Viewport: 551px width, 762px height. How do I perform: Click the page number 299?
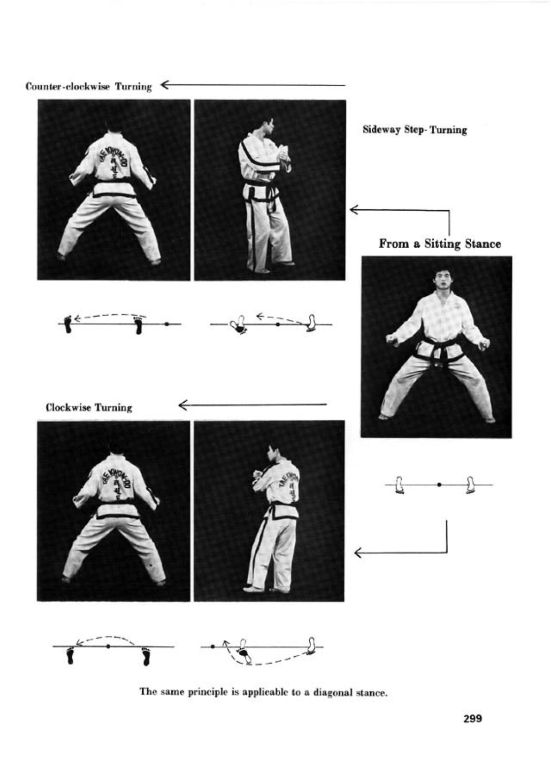[x=472, y=719]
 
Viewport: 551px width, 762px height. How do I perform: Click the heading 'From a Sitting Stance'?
[x=439, y=244]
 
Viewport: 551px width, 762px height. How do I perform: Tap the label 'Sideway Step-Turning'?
[x=415, y=130]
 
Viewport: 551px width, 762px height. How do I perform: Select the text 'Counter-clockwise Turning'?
[x=89, y=87]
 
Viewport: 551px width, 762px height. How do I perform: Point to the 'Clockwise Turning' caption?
[x=89, y=408]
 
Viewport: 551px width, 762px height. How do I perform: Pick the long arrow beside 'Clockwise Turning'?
[x=253, y=405]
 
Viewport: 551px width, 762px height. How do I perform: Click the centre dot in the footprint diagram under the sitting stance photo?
[x=439, y=485]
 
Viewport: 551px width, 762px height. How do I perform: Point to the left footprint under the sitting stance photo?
[x=400, y=485]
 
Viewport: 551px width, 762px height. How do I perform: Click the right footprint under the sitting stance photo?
[x=471, y=485]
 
